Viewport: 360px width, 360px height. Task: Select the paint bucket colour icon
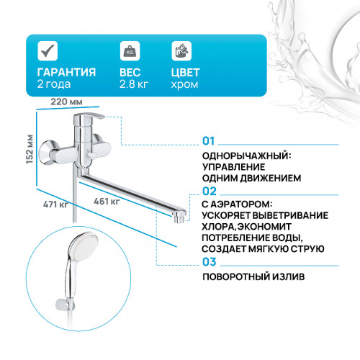181,51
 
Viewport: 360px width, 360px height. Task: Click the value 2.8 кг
134,85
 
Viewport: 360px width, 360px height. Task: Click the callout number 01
209,140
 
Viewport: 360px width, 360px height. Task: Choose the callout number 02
210,191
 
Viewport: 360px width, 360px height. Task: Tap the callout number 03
210,262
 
